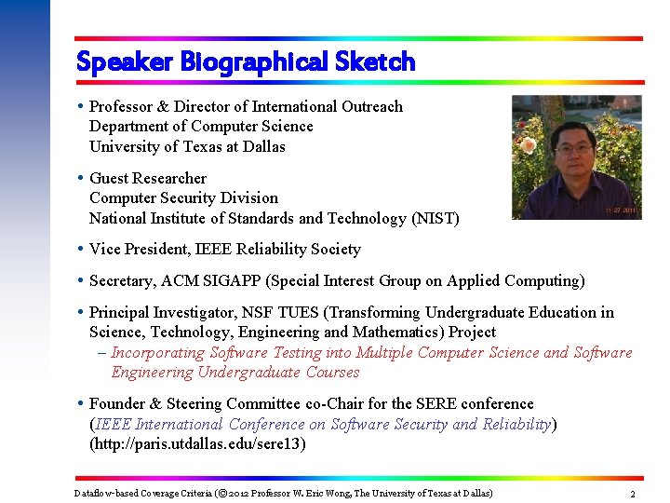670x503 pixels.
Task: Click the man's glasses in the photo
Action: [x=573, y=147]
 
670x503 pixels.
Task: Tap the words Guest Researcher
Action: [x=148, y=178]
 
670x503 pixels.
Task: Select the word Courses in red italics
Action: [x=329, y=372]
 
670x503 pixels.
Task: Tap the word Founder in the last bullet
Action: [x=118, y=403]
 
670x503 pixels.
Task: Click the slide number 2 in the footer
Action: [x=633, y=494]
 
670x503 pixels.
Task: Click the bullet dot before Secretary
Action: [x=82, y=280]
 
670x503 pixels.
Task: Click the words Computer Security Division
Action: [x=183, y=197]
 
